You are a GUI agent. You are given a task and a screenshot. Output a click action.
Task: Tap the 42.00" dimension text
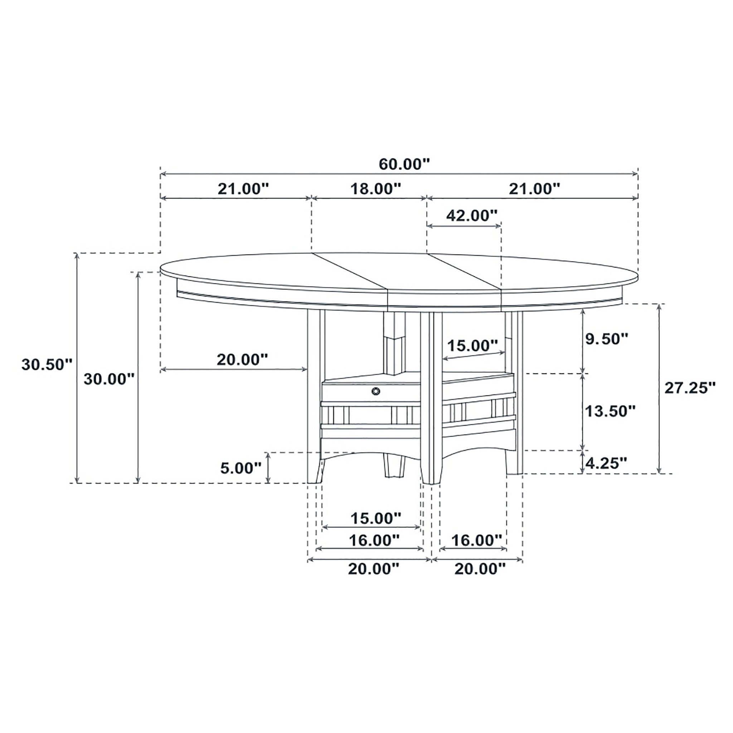tap(471, 215)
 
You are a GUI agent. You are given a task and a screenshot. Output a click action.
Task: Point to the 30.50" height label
tap(46, 365)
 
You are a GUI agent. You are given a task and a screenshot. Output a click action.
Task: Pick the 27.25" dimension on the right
tap(689, 388)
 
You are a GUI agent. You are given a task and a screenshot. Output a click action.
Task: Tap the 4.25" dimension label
tap(606, 463)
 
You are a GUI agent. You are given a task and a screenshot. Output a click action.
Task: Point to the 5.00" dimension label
tap(241, 468)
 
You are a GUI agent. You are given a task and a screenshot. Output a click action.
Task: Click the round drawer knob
tap(375, 391)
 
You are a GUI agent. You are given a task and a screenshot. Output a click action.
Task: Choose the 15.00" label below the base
tap(375, 518)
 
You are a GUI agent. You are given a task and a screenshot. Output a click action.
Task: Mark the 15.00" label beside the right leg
tap(472, 346)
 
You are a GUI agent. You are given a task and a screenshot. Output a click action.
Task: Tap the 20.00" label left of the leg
tap(242, 359)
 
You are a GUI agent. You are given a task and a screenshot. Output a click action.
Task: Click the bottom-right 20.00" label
tap(480, 569)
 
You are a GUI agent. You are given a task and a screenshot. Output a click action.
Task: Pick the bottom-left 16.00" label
tap(374, 540)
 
